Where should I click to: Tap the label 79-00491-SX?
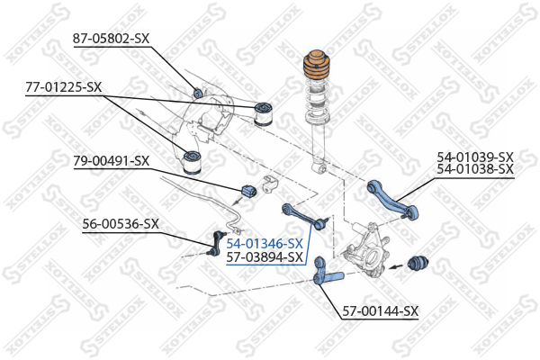(x=111, y=161)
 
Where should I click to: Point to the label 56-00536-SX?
(x=121, y=224)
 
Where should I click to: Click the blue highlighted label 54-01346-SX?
(x=265, y=244)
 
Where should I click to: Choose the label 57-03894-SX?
(x=265, y=257)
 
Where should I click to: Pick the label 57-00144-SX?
(x=381, y=311)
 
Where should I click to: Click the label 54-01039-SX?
(x=474, y=156)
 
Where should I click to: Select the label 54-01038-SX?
(x=474, y=168)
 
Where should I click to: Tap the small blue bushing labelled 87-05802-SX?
(x=199, y=92)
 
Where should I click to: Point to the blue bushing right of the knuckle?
(x=418, y=265)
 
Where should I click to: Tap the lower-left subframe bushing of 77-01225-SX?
(x=191, y=162)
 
